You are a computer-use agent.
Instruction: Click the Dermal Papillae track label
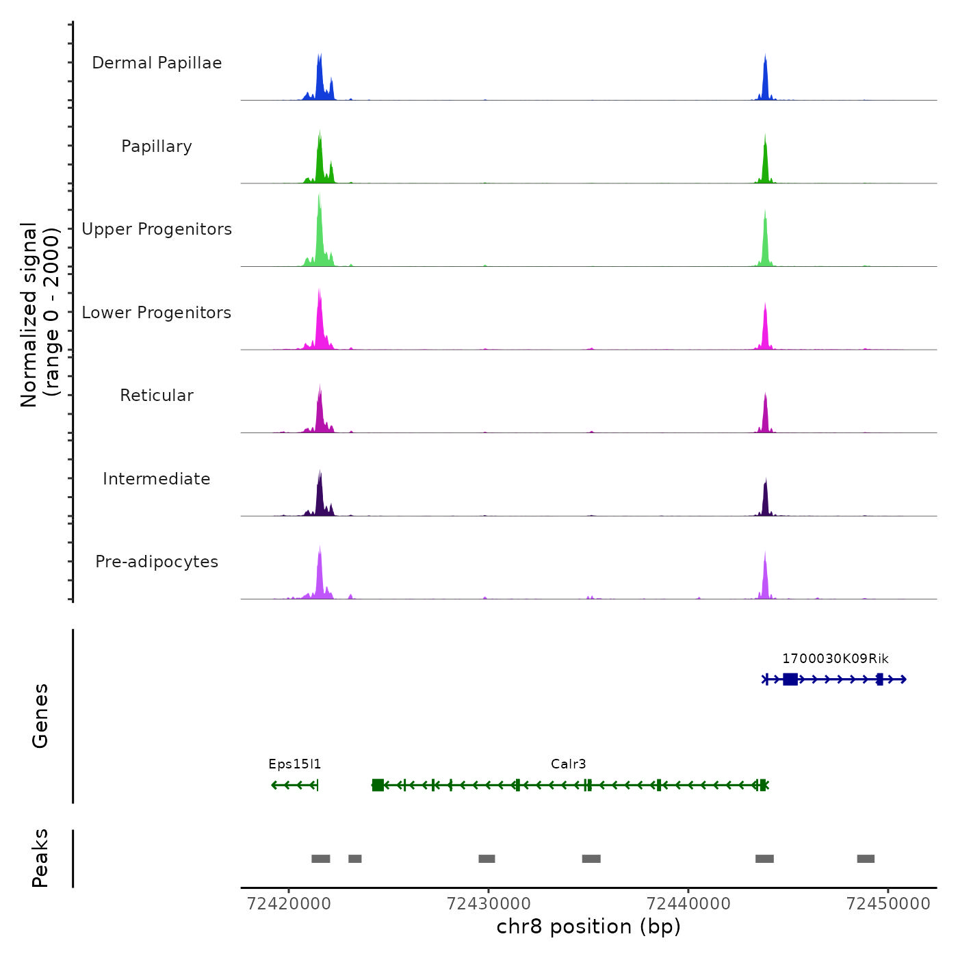[x=157, y=63]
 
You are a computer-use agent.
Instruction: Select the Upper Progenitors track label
[x=157, y=229]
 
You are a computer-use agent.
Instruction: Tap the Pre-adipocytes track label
[x=157, y=562]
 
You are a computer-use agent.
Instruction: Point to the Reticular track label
[x=157, y=396]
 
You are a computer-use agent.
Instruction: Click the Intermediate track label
[x=157, y=479]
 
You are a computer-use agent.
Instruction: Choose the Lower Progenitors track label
[x=157, y=313]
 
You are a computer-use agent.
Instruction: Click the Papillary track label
[x=157, y=146]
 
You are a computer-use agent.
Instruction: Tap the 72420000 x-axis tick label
[x=289, y=904]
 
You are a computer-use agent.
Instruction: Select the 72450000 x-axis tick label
[x=888, y=904]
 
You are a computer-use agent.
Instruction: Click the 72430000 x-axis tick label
[x=489, y=904]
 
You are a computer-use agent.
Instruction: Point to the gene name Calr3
[x=568, y=764]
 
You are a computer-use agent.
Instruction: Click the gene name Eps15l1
[x=294, y=764]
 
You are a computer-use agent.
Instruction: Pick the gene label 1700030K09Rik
[x=835, y=659]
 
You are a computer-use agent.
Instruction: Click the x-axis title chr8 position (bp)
[x=588, y=927]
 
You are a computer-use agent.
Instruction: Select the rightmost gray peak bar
[x=866, y=859]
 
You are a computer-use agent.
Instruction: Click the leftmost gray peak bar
[x=320, y=859]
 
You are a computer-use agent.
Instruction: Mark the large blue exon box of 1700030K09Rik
[x=790, y=679]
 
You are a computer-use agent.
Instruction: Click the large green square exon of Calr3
[x=378, y=785]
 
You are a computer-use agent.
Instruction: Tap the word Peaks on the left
[x=40, y=858]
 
